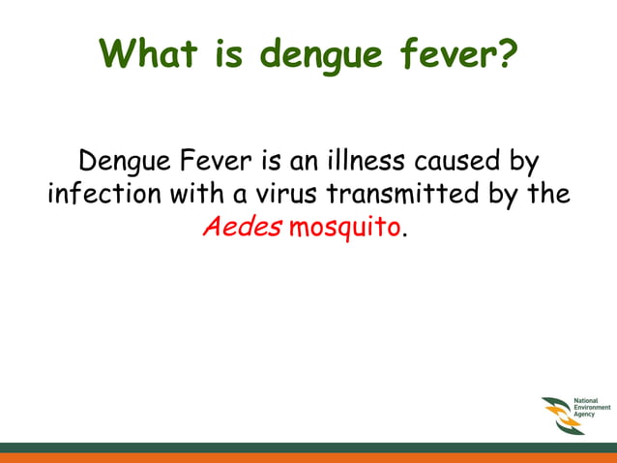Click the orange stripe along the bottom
click(308, 457)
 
